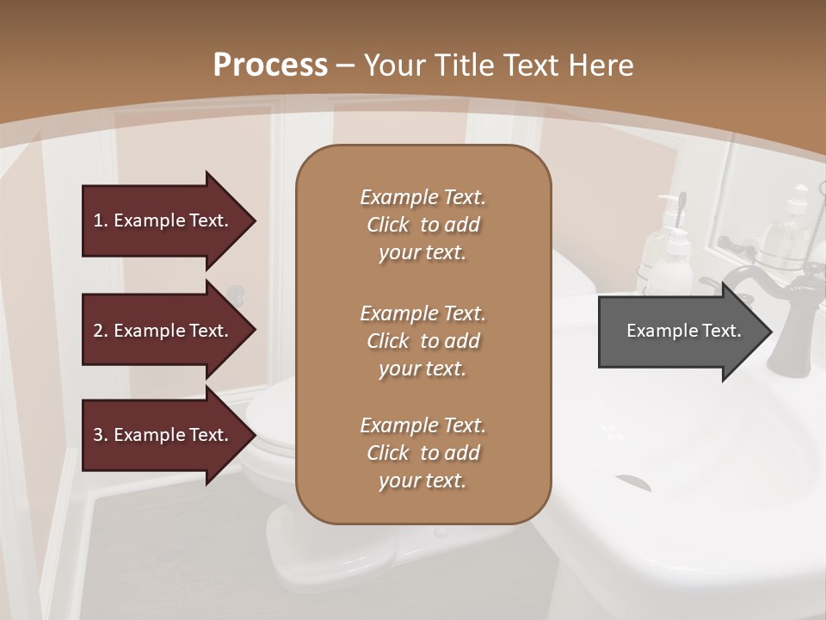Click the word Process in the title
pyautogui.click(x=270, y=65)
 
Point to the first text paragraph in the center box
pyautogui.click(x=422, y=225)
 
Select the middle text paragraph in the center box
pyautogui.click(x=422, y=341)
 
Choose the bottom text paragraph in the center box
pyautogui.click(x=422, y=453)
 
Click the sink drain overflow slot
pyautogui.click(x=632, y=481)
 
